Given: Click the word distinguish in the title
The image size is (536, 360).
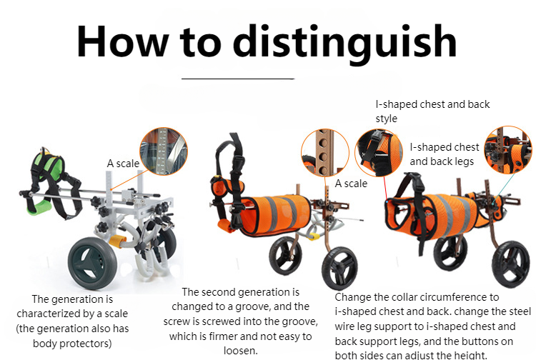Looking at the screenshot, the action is tap(345, 44).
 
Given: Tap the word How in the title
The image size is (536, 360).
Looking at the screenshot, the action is tap(122, 41).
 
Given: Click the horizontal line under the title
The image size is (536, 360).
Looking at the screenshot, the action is tap(238, 79).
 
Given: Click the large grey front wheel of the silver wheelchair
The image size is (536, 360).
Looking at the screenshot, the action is tap(92, 263).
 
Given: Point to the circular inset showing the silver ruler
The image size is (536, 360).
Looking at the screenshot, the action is tap(164, 151).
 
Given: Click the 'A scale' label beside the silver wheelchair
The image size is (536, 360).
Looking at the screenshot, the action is tap(123, 164).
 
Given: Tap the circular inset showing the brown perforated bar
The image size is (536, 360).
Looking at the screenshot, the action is tap(325, 153).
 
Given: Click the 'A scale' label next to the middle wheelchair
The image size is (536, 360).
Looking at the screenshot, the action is tap(351, 184).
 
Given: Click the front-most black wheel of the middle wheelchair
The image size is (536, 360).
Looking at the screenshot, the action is tap(339, 268).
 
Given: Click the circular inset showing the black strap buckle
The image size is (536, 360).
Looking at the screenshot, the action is tap(378, 153).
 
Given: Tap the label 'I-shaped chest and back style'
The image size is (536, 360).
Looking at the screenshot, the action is tap(432, 111).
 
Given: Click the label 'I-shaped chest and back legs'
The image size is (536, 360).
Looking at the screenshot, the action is tap(444, 154).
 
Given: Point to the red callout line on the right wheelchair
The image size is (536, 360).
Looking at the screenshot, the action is tap(384, 189).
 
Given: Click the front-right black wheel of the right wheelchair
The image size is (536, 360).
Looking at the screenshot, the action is tap(511, 264).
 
